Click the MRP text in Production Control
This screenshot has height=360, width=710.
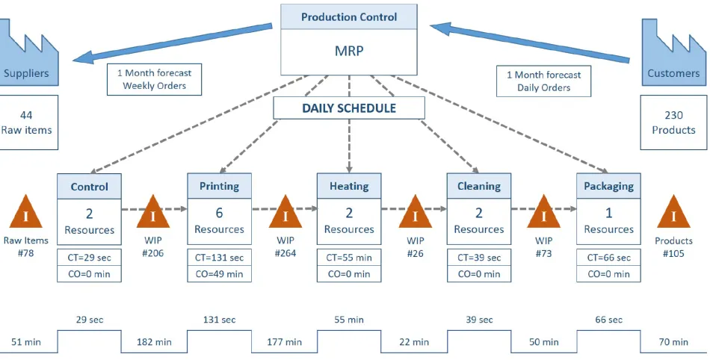pos(349,51)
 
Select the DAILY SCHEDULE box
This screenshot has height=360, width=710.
pos(349,108)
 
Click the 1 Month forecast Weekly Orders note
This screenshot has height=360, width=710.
pos(155,79)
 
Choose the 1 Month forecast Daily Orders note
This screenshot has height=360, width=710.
pos(543,81)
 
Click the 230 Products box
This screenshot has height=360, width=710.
pos(673,122)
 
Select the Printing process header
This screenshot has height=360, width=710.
pos(219,186)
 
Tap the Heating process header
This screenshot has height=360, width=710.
pos(349,186)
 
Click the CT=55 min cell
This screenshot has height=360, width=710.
pos(349,258)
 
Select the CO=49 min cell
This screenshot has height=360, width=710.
pos(219,273)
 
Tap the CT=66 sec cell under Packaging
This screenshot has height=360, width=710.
pos(608,258)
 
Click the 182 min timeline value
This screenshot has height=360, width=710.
pos(154,342)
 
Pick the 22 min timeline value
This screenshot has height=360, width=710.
pos(414,342)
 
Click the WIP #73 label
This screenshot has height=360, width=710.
pos(543,247)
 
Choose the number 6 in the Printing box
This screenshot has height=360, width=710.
pos(219,213)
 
